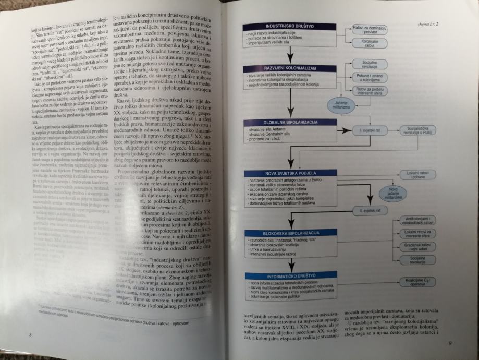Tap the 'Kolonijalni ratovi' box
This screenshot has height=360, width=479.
pyautogui.click(x=369, y=44)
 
